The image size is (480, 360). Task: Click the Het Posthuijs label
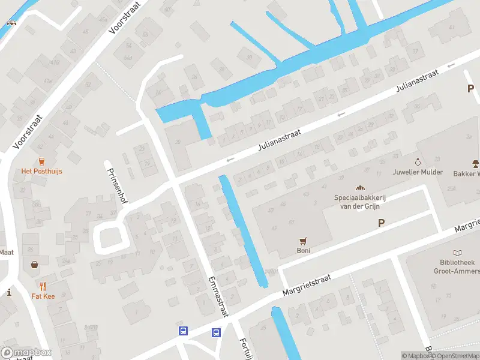point(41,171)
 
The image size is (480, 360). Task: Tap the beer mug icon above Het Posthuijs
point(41,160)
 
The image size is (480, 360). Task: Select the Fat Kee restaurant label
point(43,296)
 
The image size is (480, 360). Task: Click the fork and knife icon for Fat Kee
point(43,286)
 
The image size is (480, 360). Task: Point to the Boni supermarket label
point(304,251)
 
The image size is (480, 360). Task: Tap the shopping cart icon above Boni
point(304,241)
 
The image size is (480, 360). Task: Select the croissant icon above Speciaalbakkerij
point(361,188)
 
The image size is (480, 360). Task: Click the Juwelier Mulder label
point(418,172)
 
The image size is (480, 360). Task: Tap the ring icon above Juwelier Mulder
point(418,162)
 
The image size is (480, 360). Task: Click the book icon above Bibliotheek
point(458,253)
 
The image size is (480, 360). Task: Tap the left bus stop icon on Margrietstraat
point(183,331)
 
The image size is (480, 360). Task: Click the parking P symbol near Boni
point(380,223)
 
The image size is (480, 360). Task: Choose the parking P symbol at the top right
point(471,88)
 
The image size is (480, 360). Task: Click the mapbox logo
point(26,352)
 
